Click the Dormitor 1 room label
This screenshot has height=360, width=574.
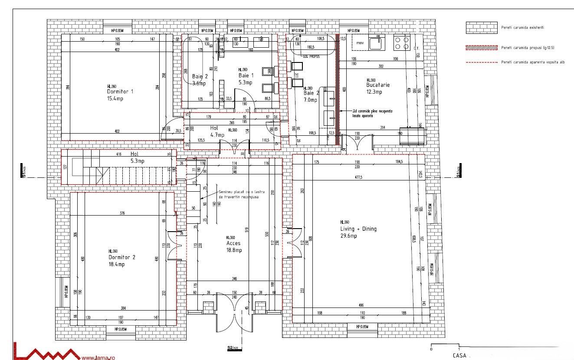[x=120, y=92]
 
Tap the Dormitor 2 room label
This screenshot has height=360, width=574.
[x=122, y=257]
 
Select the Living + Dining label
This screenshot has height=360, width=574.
[x=358, y=229]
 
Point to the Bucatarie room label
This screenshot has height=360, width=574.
[x=378, y=85]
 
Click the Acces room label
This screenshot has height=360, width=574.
[x=233, y=243]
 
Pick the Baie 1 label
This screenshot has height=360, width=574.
[x=246, y=75]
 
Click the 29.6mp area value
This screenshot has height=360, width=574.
[x=348, y=236]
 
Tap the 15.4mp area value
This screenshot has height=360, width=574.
[x=115, y=99]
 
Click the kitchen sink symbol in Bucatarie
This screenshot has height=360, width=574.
[x=376, y=43]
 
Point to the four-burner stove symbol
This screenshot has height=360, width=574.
[x=401, y=42]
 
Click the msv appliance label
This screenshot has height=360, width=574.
[x=360, y=43]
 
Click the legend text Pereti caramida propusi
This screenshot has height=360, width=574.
[x=528, y=47]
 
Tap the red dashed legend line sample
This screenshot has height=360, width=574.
[x=481, y=62]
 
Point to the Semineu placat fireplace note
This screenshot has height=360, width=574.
[x=241, y=194]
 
